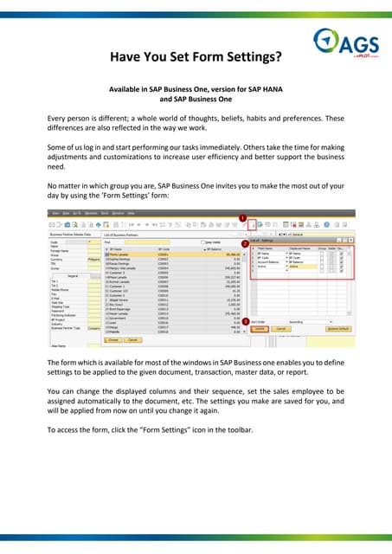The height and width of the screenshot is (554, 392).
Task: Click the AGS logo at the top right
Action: (x=344, y=41)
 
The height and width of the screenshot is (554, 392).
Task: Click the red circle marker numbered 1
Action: (x=243, y=218)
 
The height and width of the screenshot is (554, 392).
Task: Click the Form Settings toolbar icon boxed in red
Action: (x=252, y=228)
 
